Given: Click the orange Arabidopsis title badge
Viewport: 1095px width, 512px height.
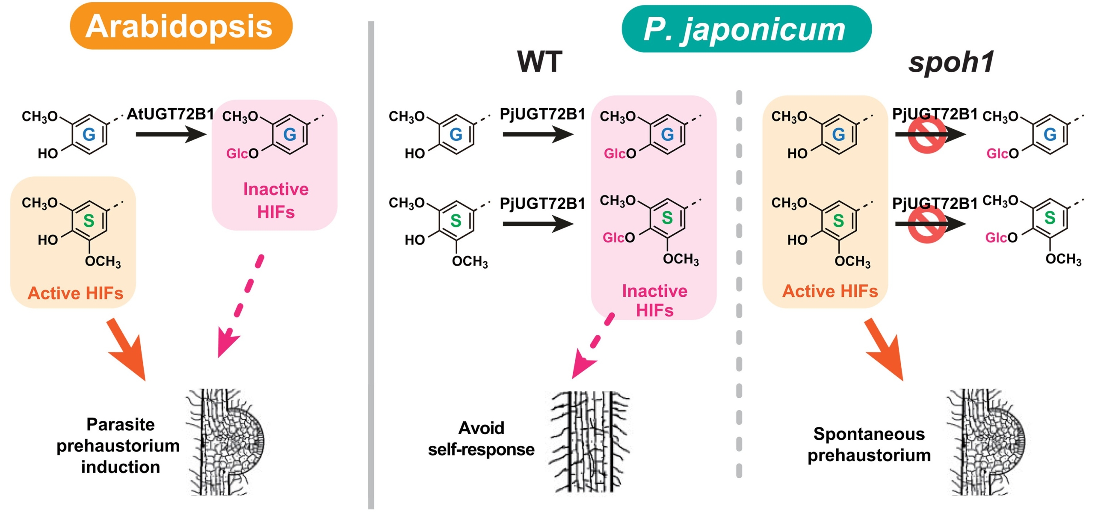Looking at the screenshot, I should pyautogui.click(x=181, y=26).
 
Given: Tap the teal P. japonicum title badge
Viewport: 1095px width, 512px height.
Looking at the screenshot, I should pyautogui.click(x=746, y=29).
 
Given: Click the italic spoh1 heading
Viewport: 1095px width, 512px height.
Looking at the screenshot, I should pyautogui.click(x=950, y=62).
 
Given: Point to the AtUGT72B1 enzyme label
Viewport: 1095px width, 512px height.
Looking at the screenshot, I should pyautogui.click(x=170, y=114).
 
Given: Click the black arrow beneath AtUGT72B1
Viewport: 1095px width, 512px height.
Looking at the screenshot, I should pyautogui.click(x=170, y=134).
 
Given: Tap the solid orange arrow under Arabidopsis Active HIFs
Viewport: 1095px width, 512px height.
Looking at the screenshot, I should pyautogui.click(x=127, y=349).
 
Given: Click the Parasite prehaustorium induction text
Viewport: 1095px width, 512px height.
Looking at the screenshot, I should pyautogui.click(x=118, y=445).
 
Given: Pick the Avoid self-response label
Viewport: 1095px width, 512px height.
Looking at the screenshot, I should pyautogui.click(x=481, y=438).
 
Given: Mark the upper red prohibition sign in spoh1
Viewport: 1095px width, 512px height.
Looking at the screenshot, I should pyautogui.click(x=926, y=134).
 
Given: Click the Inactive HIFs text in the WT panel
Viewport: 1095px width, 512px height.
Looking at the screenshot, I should pyautogui.click(x=654, y=300).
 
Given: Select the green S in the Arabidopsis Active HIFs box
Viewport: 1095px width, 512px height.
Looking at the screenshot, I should pyautogui.click(x=89, y=221).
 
